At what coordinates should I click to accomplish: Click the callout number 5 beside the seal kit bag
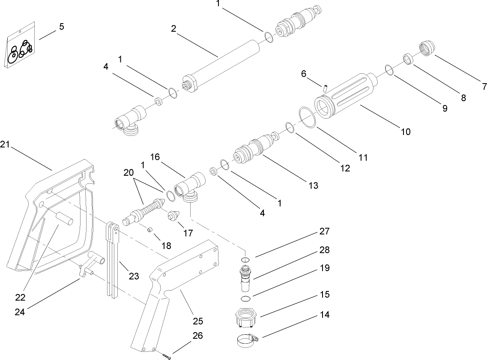click(61, 27)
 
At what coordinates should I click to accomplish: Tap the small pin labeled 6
click(325, 88)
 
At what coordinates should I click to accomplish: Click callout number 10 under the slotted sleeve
click(405, 132)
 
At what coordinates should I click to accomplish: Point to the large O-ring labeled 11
click(308, 117)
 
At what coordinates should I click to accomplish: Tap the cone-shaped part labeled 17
click(173, 216)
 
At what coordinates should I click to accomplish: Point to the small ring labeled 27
click(245, 260)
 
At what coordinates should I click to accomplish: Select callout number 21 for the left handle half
click(5, 145)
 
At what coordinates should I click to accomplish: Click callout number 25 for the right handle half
click(198, 321)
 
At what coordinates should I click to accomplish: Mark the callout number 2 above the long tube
click(173, 29)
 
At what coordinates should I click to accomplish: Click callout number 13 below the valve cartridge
click(314, 185)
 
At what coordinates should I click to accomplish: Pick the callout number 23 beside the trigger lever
click(134, 276)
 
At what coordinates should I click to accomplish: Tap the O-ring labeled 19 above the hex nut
click(245, 298)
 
